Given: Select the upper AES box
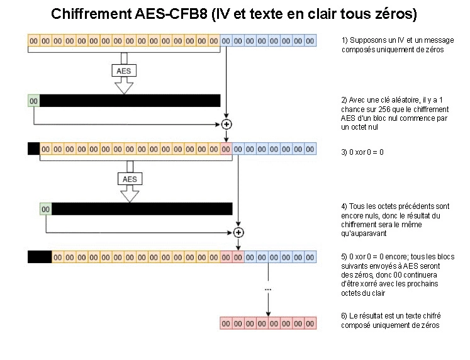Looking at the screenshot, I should point(124,71).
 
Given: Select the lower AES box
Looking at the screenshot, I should point(130,179).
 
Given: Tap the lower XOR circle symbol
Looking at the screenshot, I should point(238,232).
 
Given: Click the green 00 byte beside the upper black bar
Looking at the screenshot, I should point(34,101).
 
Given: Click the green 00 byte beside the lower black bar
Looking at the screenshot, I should point(45,209).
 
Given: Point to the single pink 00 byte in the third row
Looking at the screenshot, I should point(226,149).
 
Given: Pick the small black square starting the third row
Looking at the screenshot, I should point(33,149).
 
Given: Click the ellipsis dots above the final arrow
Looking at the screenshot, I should point(269,288).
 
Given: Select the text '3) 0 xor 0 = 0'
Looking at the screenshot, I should point(362,152).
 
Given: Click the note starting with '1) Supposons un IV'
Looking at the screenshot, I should point(391,45).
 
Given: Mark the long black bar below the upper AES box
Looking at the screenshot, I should point(130,101).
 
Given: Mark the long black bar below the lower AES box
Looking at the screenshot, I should point(142,209).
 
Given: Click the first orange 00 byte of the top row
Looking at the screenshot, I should point(34,41).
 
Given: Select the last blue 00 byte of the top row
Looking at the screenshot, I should point(310,41).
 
